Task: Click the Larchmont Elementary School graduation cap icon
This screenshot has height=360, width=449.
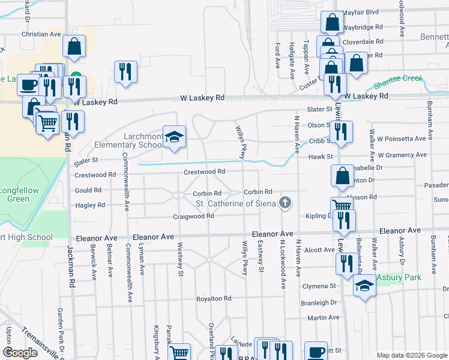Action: [174, 137]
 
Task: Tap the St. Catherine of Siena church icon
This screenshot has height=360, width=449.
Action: [286, 203]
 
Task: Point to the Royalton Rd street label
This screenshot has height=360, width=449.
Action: [214, 298]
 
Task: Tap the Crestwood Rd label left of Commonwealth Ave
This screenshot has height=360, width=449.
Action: [95, 175]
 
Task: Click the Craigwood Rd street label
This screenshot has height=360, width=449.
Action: [193, 216]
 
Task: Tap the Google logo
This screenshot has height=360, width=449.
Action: [20, 352]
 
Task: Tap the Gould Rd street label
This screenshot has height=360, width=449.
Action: [88, 190]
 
